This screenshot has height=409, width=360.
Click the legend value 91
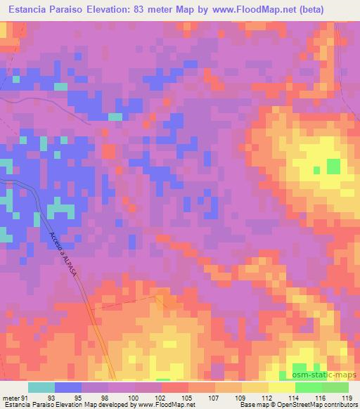pos(26,398)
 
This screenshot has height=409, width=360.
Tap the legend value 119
pos(348,398)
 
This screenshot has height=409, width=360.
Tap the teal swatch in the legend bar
pos(41,387)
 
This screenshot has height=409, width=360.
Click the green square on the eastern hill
pos(333,167)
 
